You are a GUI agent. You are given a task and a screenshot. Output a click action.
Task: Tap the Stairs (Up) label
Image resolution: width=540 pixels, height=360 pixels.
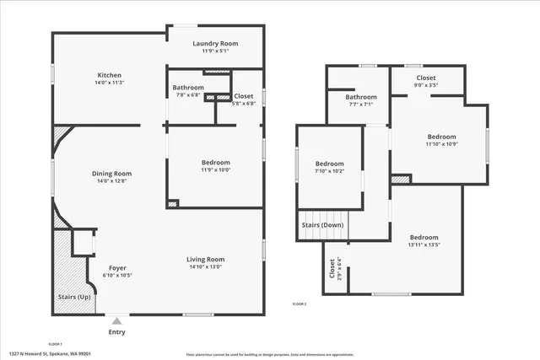pos(73,298)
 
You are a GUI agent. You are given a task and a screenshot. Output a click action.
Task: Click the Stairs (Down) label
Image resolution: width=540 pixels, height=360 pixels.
pos(322,225)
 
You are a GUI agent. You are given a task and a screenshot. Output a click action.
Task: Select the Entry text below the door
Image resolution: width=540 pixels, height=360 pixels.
pos(117,332)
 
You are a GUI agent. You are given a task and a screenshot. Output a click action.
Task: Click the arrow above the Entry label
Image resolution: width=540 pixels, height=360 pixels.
pos(117,321)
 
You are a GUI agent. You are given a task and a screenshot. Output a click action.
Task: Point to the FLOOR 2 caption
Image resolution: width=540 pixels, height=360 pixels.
pos(300,304)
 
